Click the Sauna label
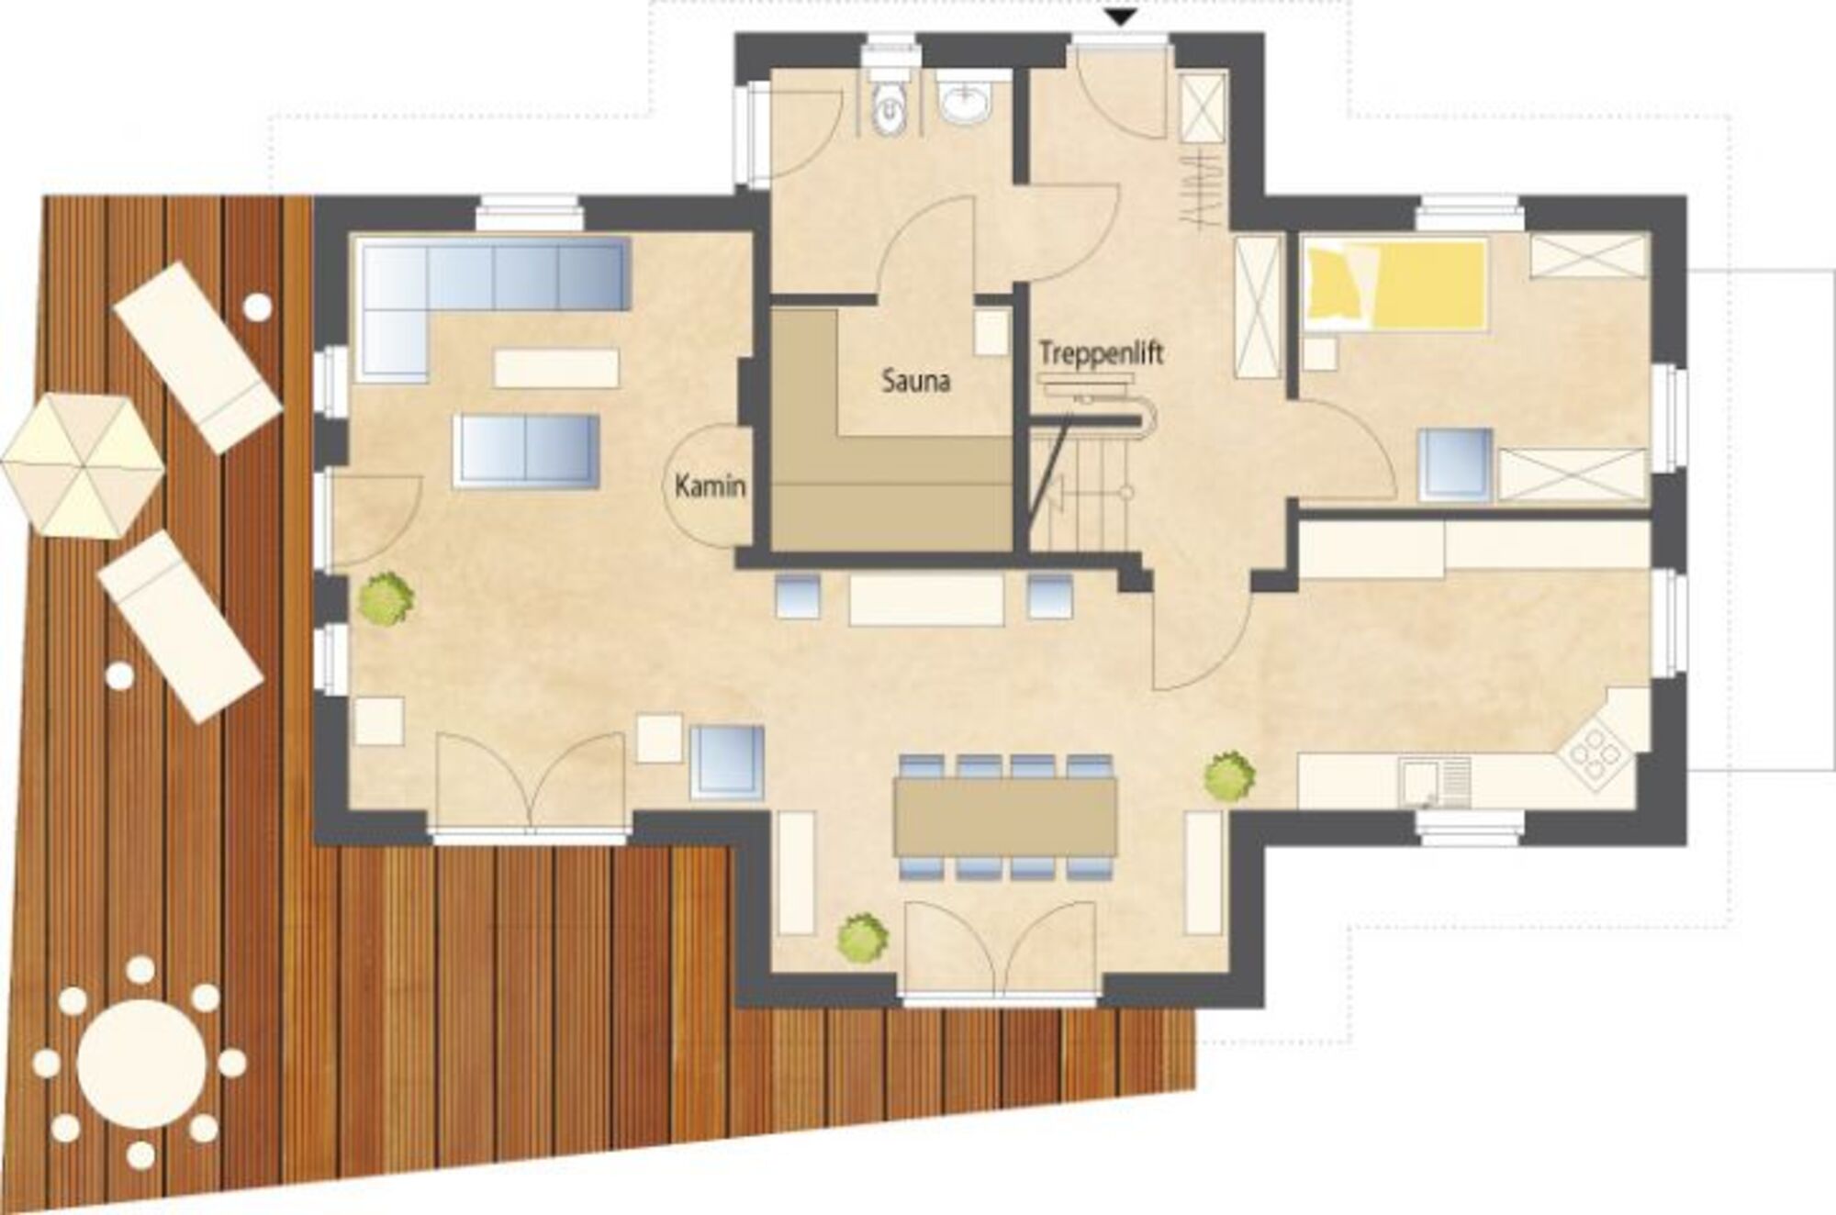pyautogui.click(x=915, y=382)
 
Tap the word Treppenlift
pyautogui.click(x=1101, y=353)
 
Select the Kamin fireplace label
pyautogui.click(x=710, y=486)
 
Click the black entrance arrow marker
pyautogui.click(x=1122, y=17)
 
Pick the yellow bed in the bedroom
pyautogui.click(x=1395, y=284)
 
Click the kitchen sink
pyautogui.click(x=1436, y=783)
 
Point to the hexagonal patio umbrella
pyautogui.click(x=83, y=466)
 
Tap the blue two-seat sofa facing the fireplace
pyautogui.click(x=527, y=451)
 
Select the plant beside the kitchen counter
pyautogui.click(x=1230, y=776)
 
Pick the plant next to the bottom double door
pyautogui.click(x=863, y=937)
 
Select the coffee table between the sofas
pyautogui.click(x=556, y=368)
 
